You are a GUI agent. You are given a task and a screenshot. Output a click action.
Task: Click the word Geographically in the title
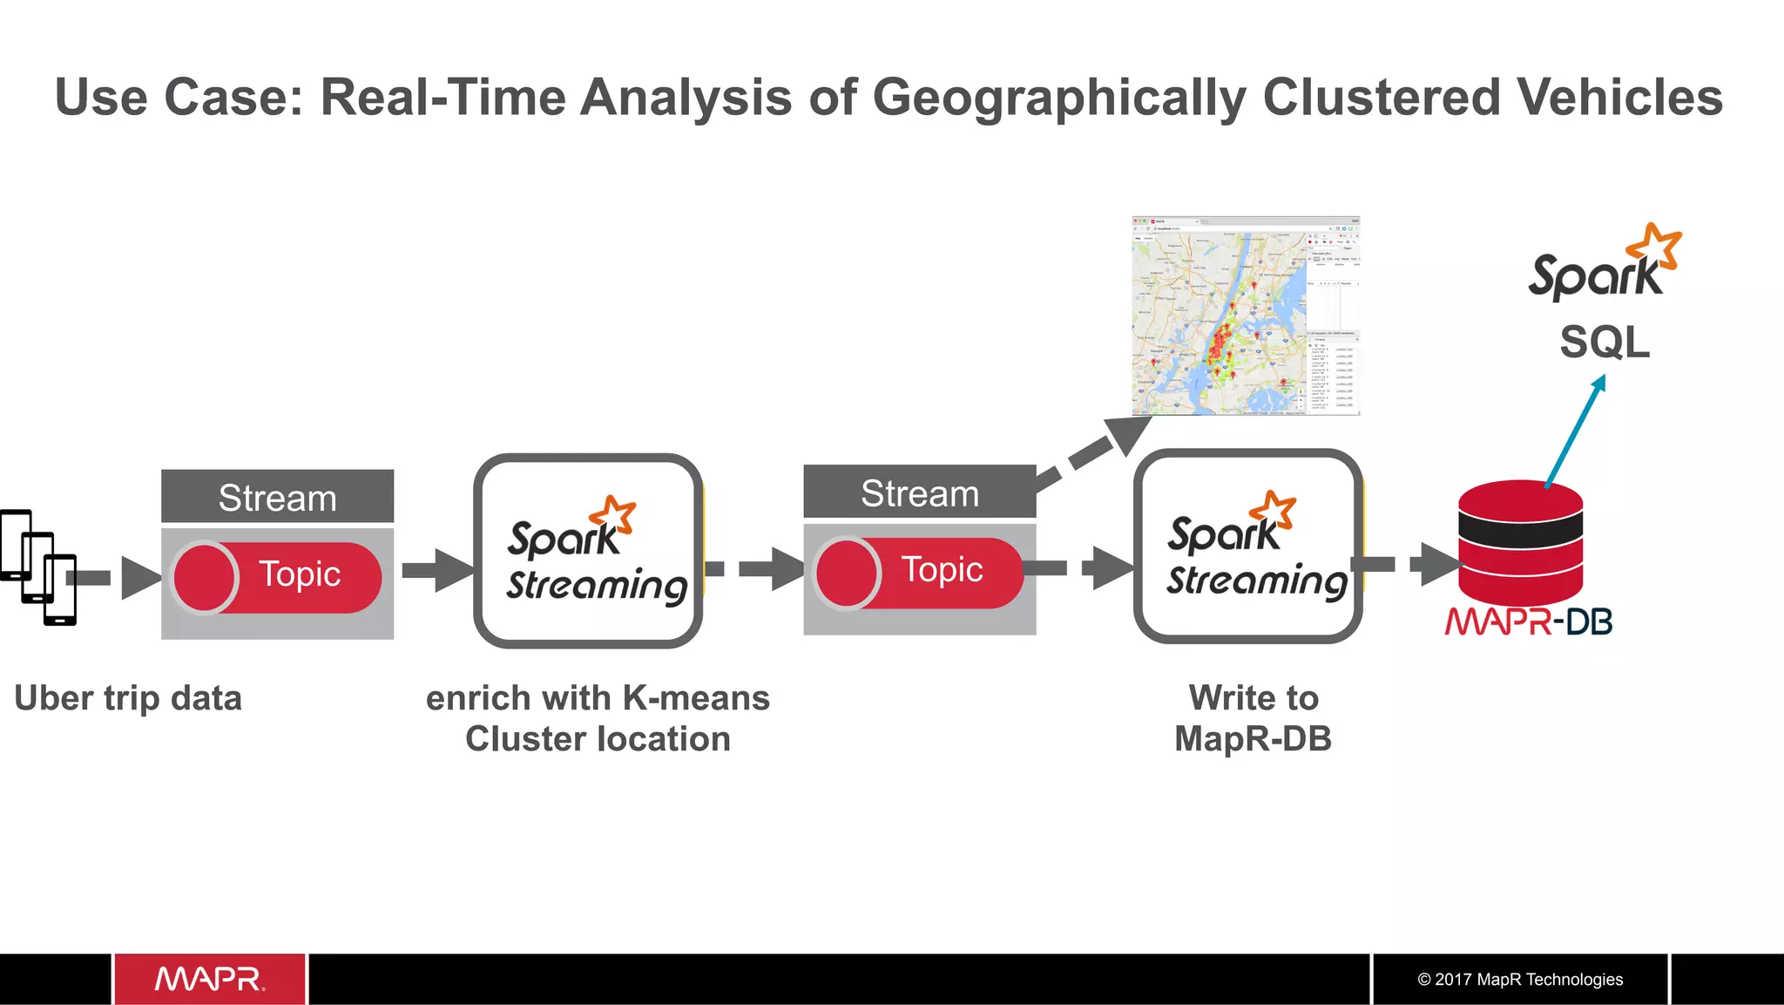pyautogui.click(x=1059, y=98)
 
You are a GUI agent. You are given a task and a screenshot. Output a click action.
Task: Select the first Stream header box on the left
pyautogui.click(x=277, y=497)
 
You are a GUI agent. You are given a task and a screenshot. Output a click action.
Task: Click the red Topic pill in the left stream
pyautogui.click(x=277, y=577)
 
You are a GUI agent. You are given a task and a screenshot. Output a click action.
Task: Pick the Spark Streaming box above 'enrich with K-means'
pyautogui.click(x=588, y=551)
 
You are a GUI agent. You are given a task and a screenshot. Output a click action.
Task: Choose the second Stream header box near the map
pyautogui.click(x=919, y=492)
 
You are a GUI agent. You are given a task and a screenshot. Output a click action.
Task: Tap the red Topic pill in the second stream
pyautogui.click(x=919, y=573)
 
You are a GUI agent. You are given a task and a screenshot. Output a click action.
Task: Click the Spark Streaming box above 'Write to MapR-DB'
pyautogui.click(x=1247, y=547)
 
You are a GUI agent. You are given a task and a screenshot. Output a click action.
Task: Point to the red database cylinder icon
pyautogui.click(x=1520, y=540)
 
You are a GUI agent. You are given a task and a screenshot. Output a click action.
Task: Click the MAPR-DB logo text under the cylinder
pyautogui.click(x=1529, y=622)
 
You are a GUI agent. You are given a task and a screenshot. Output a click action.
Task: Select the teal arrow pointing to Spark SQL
pyautogui.click(x=1575, y=431)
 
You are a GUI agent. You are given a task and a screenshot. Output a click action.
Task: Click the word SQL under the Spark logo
pyautogui.click(x=1605, y=342)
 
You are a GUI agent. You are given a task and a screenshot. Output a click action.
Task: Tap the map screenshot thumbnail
pyautogui.click(x=1246, y=316)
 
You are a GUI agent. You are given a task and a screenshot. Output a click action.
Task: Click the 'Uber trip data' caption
pyautogui.click(x=128, y=698)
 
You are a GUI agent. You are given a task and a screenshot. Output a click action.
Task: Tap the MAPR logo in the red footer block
pyautogui.click(x=209, y=979)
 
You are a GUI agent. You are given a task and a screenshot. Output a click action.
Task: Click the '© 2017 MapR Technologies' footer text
pyautogui.click(x=1520, y=979)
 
